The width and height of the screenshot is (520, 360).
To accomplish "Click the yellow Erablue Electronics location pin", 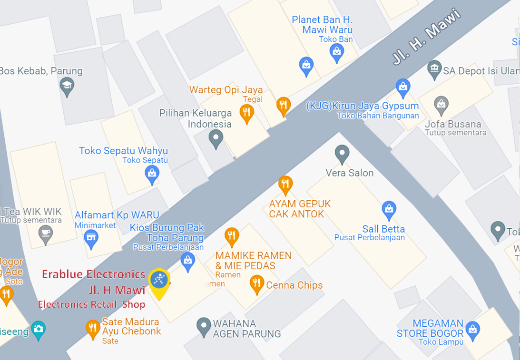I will tap(159, 282).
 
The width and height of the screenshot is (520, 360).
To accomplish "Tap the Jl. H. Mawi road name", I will tap(427, 37).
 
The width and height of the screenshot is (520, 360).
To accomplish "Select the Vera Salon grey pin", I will tap(342, 154).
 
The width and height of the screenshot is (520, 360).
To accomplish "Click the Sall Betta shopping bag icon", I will tap(389, 209).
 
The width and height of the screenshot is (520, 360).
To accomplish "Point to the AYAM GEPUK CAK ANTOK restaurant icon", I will tap(285, 185).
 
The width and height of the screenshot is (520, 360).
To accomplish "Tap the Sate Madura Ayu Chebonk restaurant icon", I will tap(92, 329).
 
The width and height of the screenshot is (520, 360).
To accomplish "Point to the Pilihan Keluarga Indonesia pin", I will tap(216, 139).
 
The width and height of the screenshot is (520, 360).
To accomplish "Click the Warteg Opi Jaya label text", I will tap(226, 90).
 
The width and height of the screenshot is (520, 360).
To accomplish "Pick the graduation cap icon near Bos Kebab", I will tap(67, 87).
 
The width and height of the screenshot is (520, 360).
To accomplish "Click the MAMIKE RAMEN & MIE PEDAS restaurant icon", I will tap(232, 236).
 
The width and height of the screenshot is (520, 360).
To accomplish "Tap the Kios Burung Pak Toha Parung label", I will tap(167, 233).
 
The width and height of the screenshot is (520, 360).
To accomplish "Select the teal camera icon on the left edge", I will tap(38, 329).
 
